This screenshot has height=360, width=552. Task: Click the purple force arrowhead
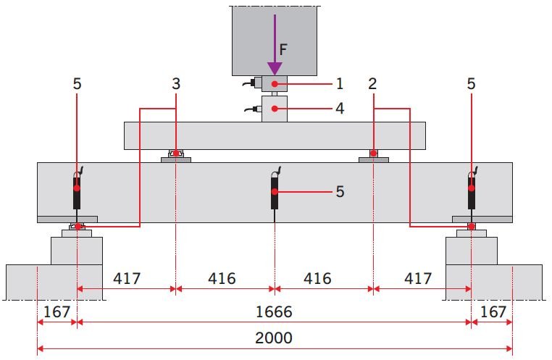[275, 69]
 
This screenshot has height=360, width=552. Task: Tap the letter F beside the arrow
[283, 50]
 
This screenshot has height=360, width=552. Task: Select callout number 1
[339, 84]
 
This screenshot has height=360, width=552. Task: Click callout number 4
[340, 109]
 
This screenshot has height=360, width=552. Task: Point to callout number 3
[176, 84]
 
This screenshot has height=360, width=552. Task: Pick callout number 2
[372, 84]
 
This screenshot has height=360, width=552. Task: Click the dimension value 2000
[274, 338]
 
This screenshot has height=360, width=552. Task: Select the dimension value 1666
[274, 311]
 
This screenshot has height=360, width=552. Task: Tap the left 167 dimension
[57, 311]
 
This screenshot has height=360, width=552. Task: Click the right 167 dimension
[493, 311]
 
